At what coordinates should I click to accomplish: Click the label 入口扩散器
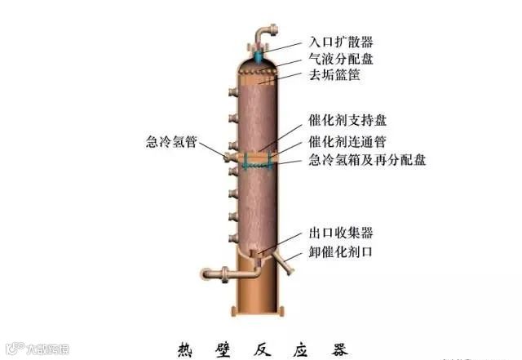342,42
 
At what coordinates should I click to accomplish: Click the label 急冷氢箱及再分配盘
367,160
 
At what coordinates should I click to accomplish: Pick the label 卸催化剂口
342,251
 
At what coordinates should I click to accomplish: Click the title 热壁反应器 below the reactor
262,348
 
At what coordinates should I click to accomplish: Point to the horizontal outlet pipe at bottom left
214,273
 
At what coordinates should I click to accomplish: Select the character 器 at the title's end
339,348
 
